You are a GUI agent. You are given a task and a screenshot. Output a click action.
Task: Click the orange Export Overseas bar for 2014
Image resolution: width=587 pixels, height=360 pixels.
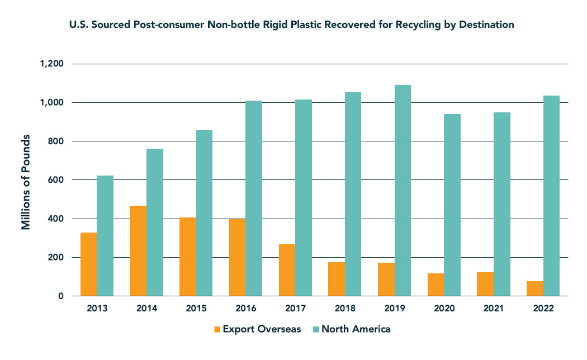click(138, 251)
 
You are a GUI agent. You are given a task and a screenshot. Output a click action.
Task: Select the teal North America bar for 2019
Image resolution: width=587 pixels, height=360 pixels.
click(403, 191)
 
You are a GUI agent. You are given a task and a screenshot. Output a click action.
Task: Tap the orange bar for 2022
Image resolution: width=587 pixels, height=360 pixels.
click(534, 288)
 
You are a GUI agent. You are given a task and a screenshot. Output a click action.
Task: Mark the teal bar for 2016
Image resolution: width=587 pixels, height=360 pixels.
click(254, 198)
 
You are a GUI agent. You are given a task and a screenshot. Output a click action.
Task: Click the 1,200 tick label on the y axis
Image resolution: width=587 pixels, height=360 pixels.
click(52, 64)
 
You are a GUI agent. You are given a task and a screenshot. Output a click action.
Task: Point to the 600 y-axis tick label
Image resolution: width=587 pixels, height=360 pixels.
click(56, 180)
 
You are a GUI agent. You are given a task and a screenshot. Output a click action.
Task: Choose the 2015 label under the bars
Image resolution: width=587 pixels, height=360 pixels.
click(196, 307)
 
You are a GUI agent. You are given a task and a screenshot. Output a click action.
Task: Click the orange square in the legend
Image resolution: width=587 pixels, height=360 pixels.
click(217, 329)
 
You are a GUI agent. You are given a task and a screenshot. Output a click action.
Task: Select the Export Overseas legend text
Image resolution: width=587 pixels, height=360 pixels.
click(262, 329)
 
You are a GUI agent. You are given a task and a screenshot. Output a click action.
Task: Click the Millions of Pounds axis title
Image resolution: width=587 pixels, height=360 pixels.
click(26, 182)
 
